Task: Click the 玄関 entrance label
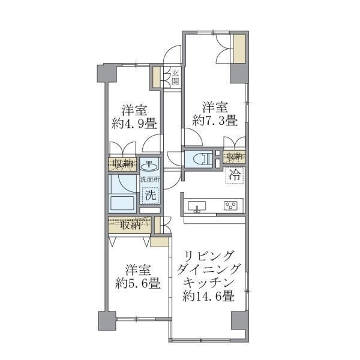[x=175, y=77]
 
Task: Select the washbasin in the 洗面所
[x=149, y=166]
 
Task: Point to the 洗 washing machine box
[x=151, y=195]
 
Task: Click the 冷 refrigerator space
[x=235, y=176]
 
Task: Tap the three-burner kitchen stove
[x=230, y=205]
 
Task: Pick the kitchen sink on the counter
[x=197, y=206]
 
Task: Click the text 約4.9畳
[x=134, y=124]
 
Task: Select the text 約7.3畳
[x=215, y=121]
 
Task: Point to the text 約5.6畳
[x=138, y=284]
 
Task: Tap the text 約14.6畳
[x=208, y=296]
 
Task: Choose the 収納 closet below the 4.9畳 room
[x=122, y=164]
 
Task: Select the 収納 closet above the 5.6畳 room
[x=130, y=225]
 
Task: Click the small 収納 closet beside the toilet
[x=235, y=157]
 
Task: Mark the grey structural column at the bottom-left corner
[x=107, y=321]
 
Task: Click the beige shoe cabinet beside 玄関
[x=157, y=77]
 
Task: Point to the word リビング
[x=209, y=256]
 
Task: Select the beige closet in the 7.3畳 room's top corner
[x=239, y=49]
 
